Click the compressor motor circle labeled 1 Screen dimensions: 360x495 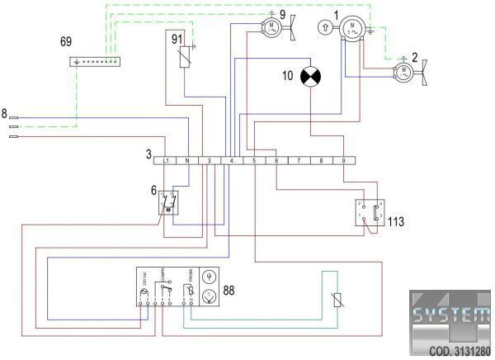click(x=351, y=27)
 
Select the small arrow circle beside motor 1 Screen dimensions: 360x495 click(x=327, y=27)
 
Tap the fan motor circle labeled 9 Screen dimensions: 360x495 click(x=270, y=26)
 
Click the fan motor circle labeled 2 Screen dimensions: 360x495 click(x=403, y=73)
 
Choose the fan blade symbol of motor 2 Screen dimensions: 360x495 click(x=422, y=73)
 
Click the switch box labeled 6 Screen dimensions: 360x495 click(x=168, y=201)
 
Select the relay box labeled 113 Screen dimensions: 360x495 click(x=370, y=213)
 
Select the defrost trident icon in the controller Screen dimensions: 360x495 click(x=209, y=277)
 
